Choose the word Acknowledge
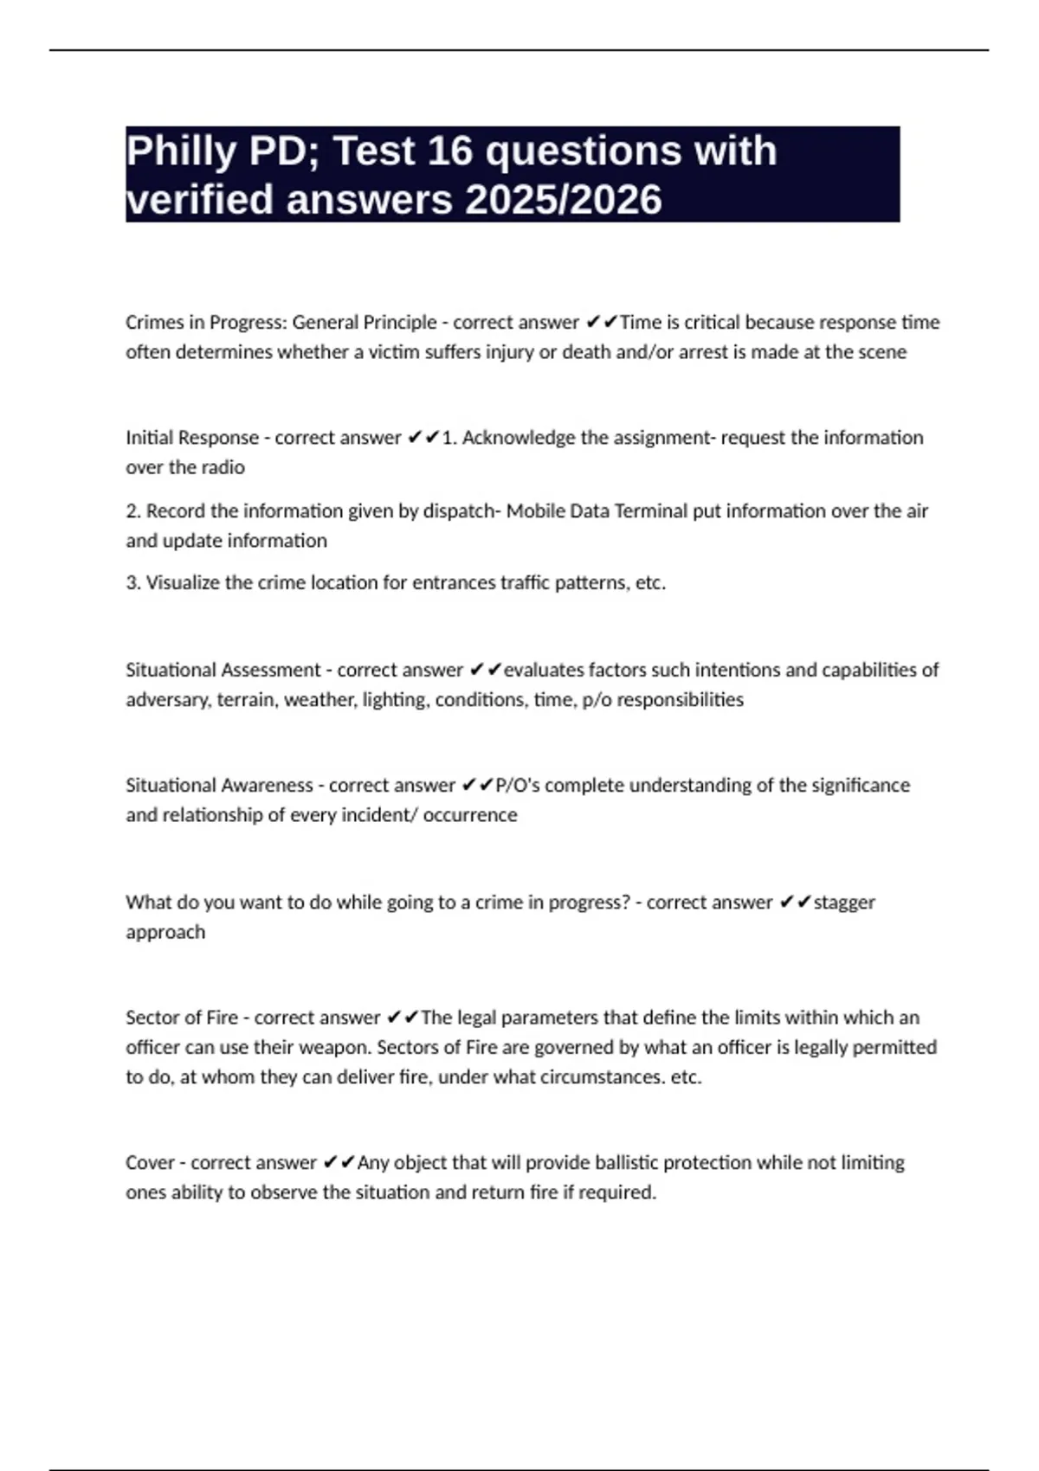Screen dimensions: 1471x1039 pos(519,438)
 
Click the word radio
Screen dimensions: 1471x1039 pos(223,467)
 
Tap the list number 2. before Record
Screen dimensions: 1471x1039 pos(133,511)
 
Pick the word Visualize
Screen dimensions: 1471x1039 pos(183,583)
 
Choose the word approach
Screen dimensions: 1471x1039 pos(165,932)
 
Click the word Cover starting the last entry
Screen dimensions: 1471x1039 pos(150,1163)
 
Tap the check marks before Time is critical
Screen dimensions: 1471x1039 pos(601,323)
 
